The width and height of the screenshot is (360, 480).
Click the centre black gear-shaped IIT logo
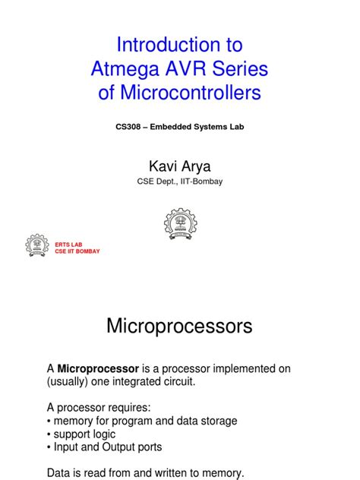coord(180,225)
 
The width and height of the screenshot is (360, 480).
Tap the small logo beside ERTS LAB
coord(37,245)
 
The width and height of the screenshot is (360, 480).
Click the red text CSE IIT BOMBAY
coord(77,251)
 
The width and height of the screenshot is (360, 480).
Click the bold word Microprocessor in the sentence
coord(98,368)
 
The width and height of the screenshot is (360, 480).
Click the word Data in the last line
coord(61,473)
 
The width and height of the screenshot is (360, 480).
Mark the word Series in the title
coord(240,70)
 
